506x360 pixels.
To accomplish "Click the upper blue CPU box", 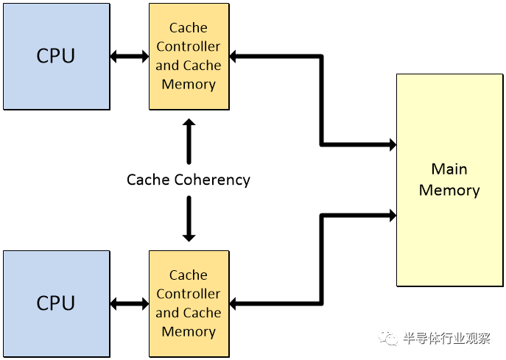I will [56, 56].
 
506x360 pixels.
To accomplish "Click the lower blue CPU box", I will [56, 303].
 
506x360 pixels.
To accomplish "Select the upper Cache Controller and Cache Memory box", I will [188, 56].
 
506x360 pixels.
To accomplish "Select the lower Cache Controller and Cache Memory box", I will [188, 303].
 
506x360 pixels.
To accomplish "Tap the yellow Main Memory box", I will [449, 180].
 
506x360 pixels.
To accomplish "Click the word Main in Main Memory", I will [449, 169].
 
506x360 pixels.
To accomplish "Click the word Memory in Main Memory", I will [449, 191].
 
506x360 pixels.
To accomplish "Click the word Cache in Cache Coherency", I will [149, 180].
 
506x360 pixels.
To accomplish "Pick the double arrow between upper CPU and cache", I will [130, 56].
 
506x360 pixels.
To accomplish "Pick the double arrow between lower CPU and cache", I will [130, 303].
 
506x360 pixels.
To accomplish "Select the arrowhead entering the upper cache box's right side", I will [233, 56].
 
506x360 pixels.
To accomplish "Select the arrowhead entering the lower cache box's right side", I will [233, 303].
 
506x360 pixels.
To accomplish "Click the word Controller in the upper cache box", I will [188, 46].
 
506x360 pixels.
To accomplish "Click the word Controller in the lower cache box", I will [188, 294].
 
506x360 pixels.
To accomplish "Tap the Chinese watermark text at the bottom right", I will [446, 339].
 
